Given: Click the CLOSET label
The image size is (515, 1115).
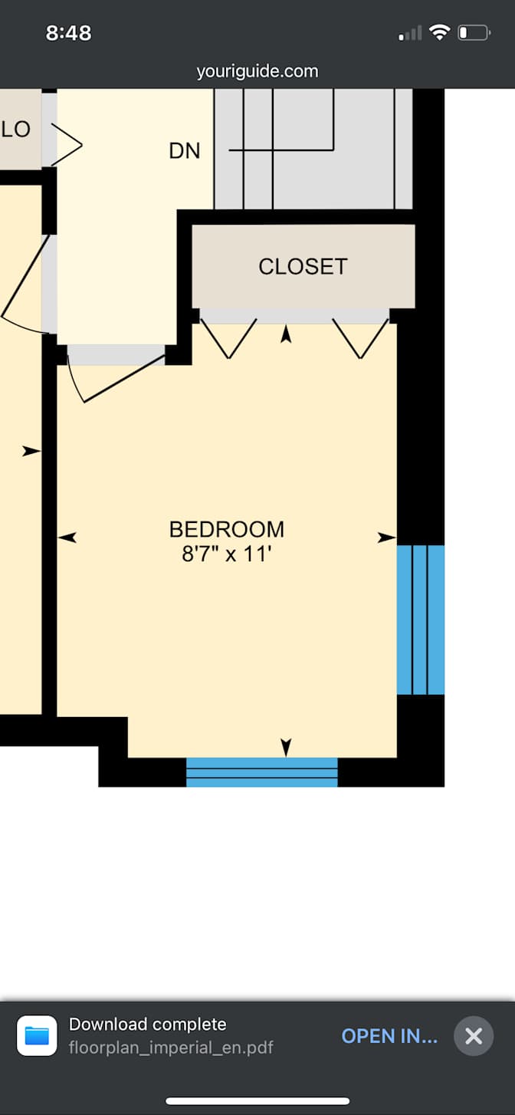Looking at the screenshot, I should [303, 266].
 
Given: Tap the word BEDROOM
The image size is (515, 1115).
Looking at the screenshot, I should [227, 529].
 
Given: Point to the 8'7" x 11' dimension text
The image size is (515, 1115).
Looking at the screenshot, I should [227, 554].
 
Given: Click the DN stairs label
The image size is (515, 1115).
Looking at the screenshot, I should [185, 151].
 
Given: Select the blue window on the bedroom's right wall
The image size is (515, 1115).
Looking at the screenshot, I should [421, 620].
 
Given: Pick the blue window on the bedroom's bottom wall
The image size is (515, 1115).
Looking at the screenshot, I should [262, 772].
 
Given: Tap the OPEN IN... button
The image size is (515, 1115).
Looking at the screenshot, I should [389, 1036].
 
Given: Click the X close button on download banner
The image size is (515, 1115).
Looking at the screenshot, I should [474, 1036].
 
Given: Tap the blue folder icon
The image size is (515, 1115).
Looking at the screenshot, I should [37, 1036].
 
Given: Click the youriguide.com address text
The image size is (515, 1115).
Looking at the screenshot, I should [257, 71].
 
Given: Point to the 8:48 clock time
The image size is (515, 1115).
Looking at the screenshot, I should [68, 33].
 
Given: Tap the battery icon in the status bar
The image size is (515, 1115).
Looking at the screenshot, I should [473, 33].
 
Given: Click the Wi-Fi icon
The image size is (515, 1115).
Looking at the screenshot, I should [439, 32].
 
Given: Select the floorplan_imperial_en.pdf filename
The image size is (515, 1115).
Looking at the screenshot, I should [171, 1048].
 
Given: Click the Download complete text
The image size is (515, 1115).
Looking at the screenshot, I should [148, 1025].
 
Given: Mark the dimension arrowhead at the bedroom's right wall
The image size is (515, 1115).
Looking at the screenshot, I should [387, 538].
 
